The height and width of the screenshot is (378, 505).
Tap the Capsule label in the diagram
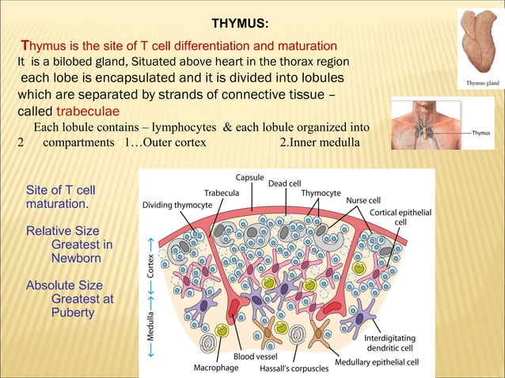(250, 176)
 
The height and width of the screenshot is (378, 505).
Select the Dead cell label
(284, 184)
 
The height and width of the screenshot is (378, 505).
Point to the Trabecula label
(222, 193)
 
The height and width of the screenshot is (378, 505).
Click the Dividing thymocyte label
(177, 205)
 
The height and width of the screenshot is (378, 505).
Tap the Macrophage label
(216, 368)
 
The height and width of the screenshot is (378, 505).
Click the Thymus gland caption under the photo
(480, 82)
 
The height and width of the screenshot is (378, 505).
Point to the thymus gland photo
(480, 43)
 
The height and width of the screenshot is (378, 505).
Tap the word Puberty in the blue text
(72, 312)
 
